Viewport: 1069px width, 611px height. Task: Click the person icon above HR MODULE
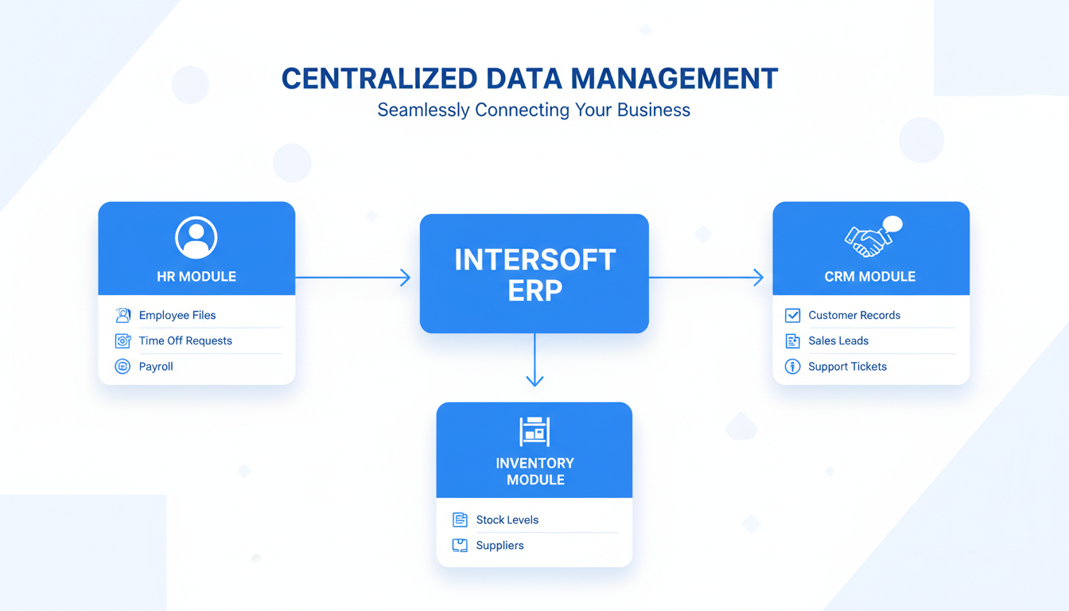tap(196, 237)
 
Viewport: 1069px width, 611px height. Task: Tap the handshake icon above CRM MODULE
tap(866, 239)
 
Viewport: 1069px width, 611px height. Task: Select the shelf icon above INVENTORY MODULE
tap(534, 431)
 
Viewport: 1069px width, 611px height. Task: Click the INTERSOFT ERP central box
tap(534, 273)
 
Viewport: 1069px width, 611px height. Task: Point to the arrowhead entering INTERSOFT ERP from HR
tap(406, 278)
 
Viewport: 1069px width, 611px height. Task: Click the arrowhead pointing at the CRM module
tap(758, 278)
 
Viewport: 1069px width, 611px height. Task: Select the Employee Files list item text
tap(177, 315)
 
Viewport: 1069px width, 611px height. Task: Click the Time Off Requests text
tap(185, 341)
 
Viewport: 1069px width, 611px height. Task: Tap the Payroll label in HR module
tap(156, 367)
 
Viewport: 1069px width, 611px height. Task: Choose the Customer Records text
tap(854, 315)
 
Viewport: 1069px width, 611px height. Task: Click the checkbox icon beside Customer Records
tap(792, 315)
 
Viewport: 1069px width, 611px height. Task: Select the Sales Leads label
tap(838, 341)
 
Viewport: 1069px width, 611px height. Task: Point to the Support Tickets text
tap(847, 367)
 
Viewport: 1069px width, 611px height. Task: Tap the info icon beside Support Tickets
tap(792, 367)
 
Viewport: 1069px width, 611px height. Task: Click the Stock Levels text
tap(507, 520)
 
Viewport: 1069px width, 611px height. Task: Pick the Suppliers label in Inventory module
tap(500, 546)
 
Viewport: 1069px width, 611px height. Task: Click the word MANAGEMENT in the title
tap(674, 79)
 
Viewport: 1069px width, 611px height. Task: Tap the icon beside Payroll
tap(122, 367)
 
